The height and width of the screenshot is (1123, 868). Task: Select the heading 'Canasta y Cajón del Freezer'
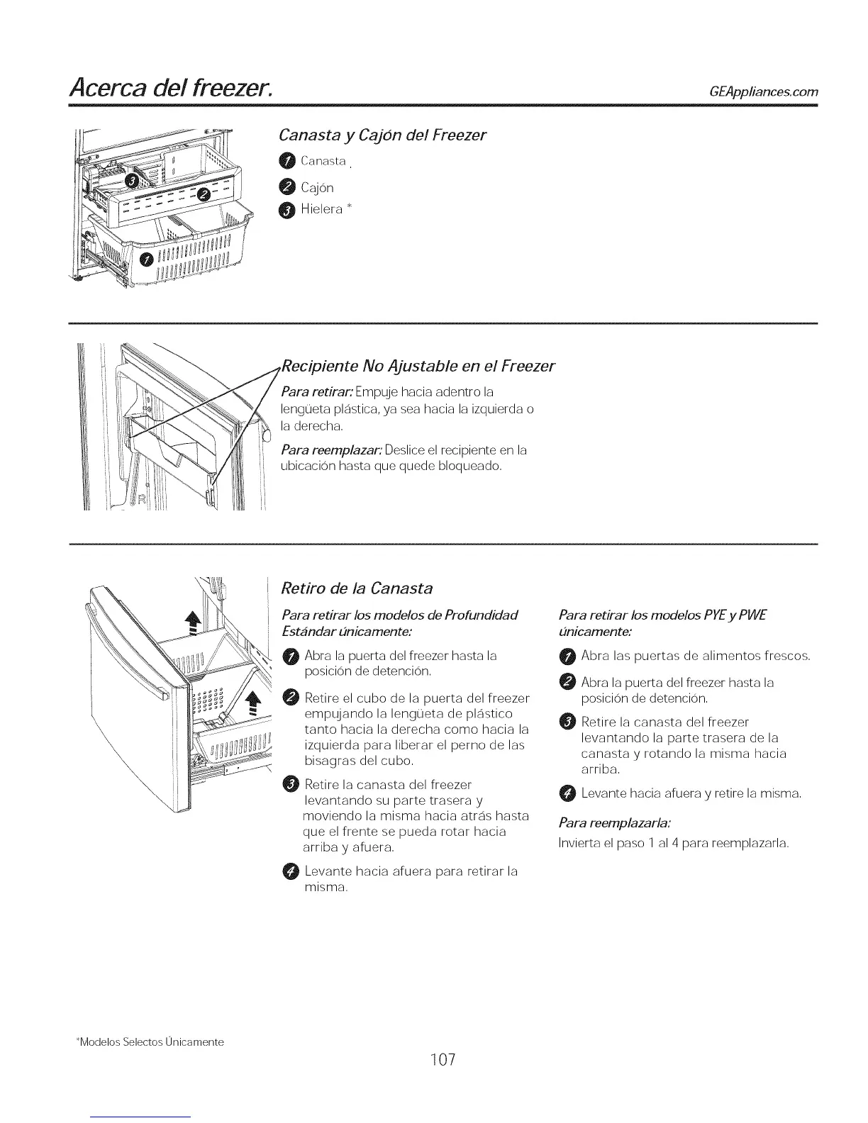point(382,135)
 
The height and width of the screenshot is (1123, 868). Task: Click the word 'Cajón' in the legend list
point(316,188)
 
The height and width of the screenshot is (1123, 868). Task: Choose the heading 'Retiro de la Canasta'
point(357,588)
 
